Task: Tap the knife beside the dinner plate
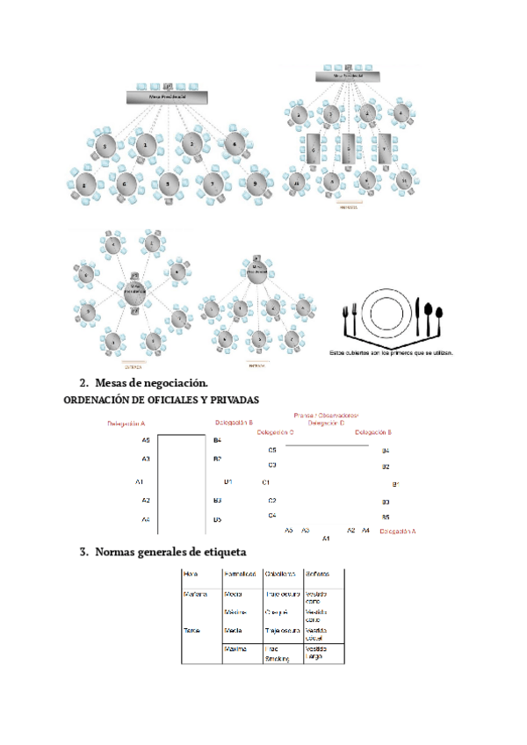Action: [418, 315]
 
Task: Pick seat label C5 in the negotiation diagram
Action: [272, 450]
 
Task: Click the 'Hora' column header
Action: [191, 574]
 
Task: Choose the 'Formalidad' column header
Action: [240, 574]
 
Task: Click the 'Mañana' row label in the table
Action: [195, 594]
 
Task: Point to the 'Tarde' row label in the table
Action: [191, 630]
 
